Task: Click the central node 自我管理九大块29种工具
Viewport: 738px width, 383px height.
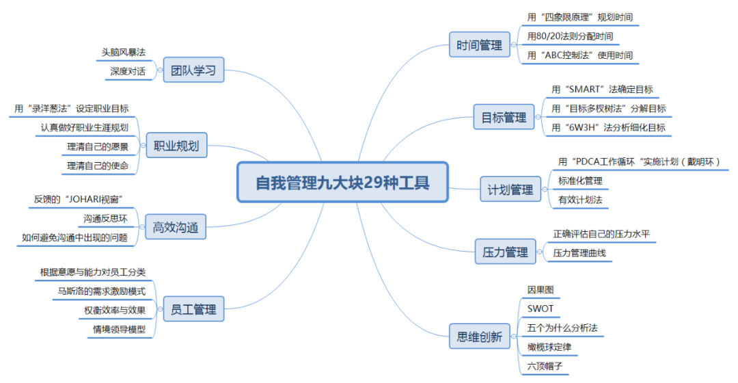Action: coord(342,183)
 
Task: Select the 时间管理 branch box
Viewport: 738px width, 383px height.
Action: coord(479,46)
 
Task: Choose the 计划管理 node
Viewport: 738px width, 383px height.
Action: coord(510,189)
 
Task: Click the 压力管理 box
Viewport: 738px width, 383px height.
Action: coord(505,252)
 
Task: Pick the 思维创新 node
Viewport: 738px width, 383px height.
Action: coord(479,336)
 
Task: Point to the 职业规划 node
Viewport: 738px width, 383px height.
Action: coord(176,146)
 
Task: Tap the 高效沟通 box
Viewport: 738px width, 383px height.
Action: coord(176,228)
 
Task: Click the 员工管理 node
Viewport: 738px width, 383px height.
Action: coord(194,310)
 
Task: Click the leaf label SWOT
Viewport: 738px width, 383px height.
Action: coord(540,308)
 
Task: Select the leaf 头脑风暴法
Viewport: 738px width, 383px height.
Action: coord(124,53)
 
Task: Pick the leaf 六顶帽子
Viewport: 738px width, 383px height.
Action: coord(545,366)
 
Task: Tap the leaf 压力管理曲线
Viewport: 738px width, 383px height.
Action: coord(579,253)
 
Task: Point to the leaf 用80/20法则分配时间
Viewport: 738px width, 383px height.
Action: coord(570,36)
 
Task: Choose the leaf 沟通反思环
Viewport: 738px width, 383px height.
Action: coord(105,219)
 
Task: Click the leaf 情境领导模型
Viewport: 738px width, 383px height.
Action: coord(119,330)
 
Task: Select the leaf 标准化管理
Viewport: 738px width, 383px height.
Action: coord(580,181)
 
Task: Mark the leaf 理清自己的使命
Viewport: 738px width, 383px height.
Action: coord(98,166)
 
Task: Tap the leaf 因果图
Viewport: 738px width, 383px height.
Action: coord(541,289)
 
